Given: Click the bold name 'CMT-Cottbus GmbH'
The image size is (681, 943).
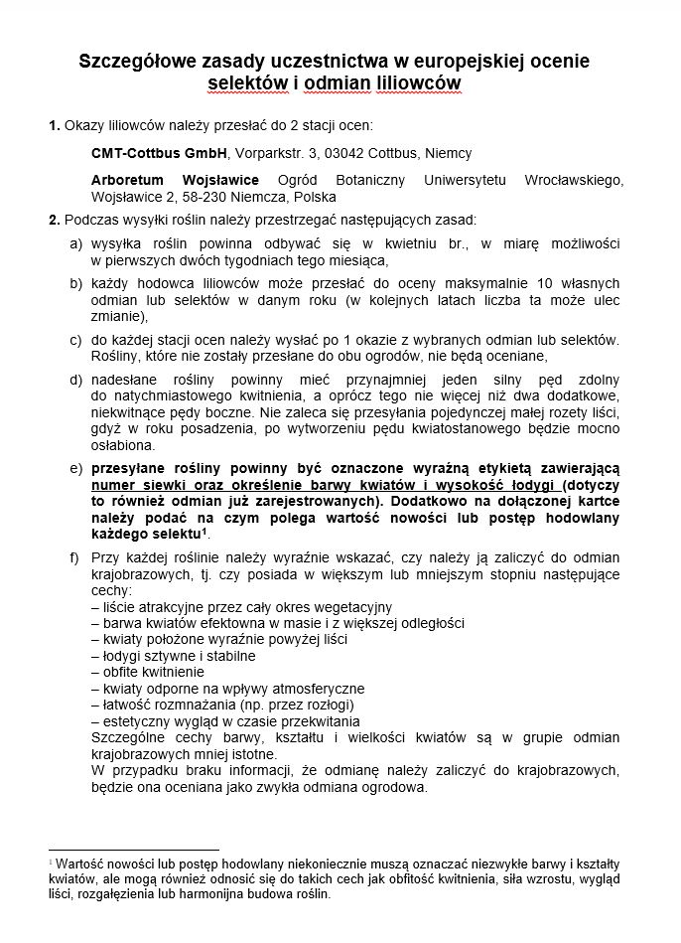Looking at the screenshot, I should click(x=159, y=153).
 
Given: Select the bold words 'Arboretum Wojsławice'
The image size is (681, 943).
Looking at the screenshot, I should click(x=175, y=180).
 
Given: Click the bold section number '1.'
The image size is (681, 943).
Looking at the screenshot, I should click(x=55, y=126).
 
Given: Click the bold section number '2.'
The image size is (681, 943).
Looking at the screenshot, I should click(x=55, y=219).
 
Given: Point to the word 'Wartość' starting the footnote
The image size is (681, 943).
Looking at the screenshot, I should click(x=81, y=863).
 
